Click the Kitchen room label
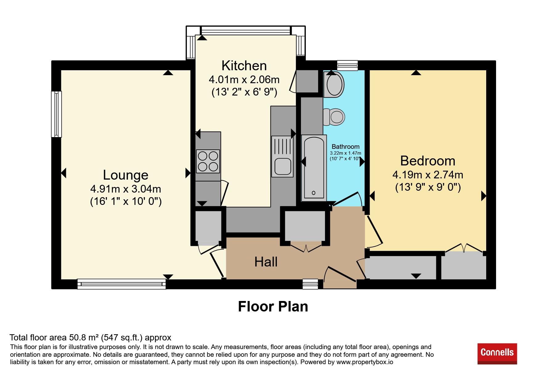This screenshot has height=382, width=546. click(x=244, y=66)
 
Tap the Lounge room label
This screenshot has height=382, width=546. click(x=125, y=175)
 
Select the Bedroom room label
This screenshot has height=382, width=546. click(x=428, y=161)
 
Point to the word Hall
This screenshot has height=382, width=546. click(x=266, y=262)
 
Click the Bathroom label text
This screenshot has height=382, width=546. click(x=345, y=147)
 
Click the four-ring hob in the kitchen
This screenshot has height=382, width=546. click(x=208, y=161)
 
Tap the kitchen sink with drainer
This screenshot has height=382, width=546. click(x=282, y=156)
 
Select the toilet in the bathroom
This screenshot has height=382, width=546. click(x=334, y=117)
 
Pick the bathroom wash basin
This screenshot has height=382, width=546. click(x=334, y=84)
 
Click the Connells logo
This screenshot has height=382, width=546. click(x=497, y=353)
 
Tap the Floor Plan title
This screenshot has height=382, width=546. click(x=273, y=307)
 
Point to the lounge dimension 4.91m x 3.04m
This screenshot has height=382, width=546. click(x=125, y=189)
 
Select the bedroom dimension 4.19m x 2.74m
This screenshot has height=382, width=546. click(x=428, y=175)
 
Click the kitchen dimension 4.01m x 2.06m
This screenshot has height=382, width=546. click(x=244, y=79)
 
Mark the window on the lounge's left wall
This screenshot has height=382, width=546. click(x=56, y=114)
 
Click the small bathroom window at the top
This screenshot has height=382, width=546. click(x=347, y=65)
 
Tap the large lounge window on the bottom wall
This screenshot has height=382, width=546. click(x=121, y=284)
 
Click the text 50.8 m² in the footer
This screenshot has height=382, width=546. click(x=84, y=338)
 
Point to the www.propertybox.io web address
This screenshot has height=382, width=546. click(x=365, y=362)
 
